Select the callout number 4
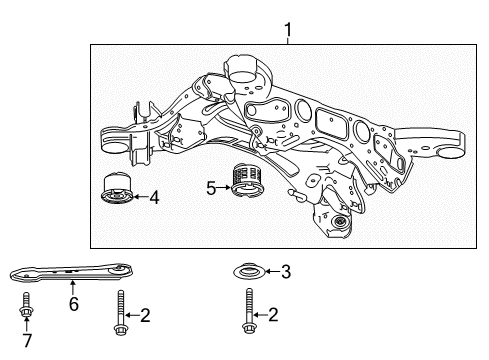[154, 197]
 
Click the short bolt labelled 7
[26, 316]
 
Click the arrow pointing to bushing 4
[139, 197]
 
